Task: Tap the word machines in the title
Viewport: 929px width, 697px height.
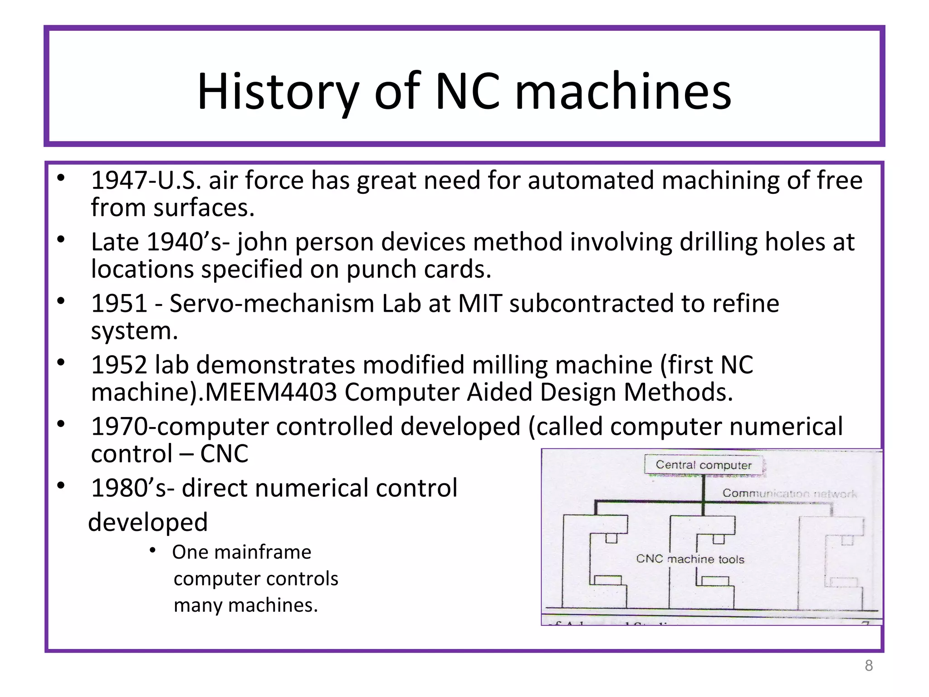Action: pos(623,92)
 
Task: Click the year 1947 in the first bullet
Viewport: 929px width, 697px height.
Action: pos(118,181)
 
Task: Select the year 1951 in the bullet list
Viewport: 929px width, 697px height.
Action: pos(119,304)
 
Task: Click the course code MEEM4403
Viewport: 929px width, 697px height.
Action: pos(271,392)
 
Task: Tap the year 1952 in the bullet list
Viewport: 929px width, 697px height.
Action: pos(119,365)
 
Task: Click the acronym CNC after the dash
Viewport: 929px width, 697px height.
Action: pos(224,454)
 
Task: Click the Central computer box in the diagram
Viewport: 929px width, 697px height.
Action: pos(703,465)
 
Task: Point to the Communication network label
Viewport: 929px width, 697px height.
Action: pos(789,493)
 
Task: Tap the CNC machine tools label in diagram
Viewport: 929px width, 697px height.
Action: pos(690,559)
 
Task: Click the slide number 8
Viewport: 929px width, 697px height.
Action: pos(868,666)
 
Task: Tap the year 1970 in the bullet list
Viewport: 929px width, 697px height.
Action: pos(119,427)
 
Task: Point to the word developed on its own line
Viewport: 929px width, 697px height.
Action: pos(148,522)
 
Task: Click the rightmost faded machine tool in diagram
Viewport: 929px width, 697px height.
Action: pos(831,563)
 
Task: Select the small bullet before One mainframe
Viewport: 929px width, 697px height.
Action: pos(153,551)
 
